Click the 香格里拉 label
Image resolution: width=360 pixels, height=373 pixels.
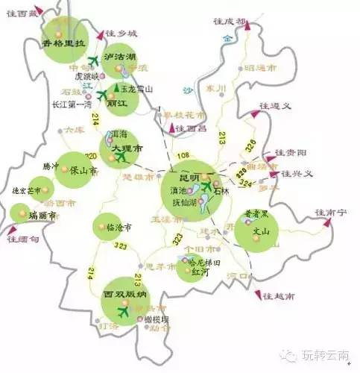[x=65, y=43]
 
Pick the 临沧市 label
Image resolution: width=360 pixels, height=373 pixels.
[x=117, y=226]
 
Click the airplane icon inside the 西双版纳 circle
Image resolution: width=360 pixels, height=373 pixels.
[x=122, y=313]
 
